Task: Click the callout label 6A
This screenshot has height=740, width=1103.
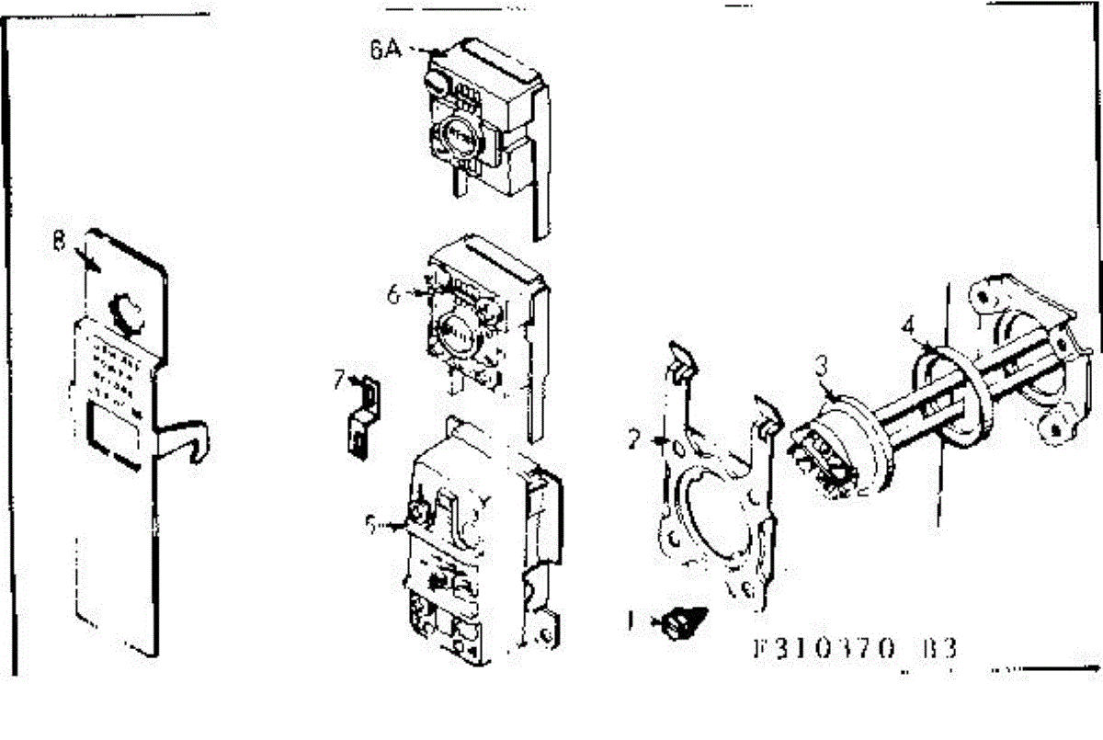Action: [x=386, y=50]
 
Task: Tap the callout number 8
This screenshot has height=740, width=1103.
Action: [x=59, y=243]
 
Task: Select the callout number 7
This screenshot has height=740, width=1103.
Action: [x=340, y=380]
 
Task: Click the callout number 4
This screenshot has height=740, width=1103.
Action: [x=907, y=324]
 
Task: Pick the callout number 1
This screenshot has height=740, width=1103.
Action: [x=630, y=621]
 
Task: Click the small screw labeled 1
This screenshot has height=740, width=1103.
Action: [x=681, y=624]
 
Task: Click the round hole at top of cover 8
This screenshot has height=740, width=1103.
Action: [x=125, y=312]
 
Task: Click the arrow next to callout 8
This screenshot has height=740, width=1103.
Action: [x=88, y=259]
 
